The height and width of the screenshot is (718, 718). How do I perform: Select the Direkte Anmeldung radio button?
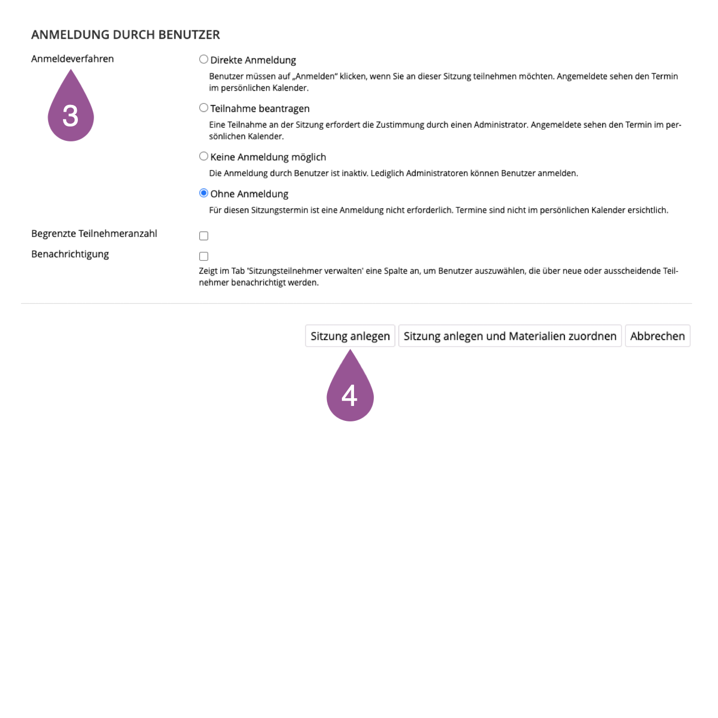click(204, 60)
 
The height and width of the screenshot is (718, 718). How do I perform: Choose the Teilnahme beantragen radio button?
click(204, 108)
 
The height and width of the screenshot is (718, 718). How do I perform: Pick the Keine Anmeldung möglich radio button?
click(204, 156)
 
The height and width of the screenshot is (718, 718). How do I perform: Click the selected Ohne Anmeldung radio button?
click(204, 193)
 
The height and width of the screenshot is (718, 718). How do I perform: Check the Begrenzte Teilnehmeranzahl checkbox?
click(204, 236)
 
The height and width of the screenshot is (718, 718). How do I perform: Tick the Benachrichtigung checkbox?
click(204, 256)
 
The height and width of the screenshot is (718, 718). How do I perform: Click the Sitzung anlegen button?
click(350, 336)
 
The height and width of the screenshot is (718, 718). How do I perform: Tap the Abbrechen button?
click(657, 336)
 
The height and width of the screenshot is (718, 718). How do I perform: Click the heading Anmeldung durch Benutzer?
click(125, 35)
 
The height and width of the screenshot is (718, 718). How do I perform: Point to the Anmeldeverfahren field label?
click(72, 59)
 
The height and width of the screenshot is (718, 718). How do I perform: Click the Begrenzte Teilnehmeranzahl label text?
click(94, 234)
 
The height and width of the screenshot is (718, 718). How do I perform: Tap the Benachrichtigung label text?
click(70, 254)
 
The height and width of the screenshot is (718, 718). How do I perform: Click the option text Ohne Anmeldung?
click(249, 194)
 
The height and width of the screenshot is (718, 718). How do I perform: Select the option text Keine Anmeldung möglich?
click(268, 157)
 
